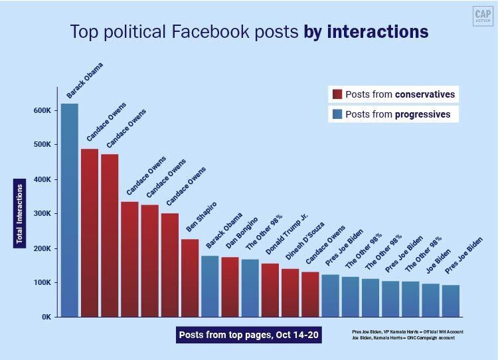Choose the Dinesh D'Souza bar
(x=290, y=293)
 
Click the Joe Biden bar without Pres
(x=430, y=300)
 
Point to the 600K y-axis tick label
(x=42, y=110)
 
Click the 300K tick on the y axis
(x=42, y=214)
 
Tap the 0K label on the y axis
(x=46, y=317)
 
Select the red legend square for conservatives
(x=337, y=94)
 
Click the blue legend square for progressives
(x=337, y=114)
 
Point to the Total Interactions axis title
(x=20, y=213)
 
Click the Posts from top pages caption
(x=249, y=335)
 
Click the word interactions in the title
(x=376, y=32)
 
